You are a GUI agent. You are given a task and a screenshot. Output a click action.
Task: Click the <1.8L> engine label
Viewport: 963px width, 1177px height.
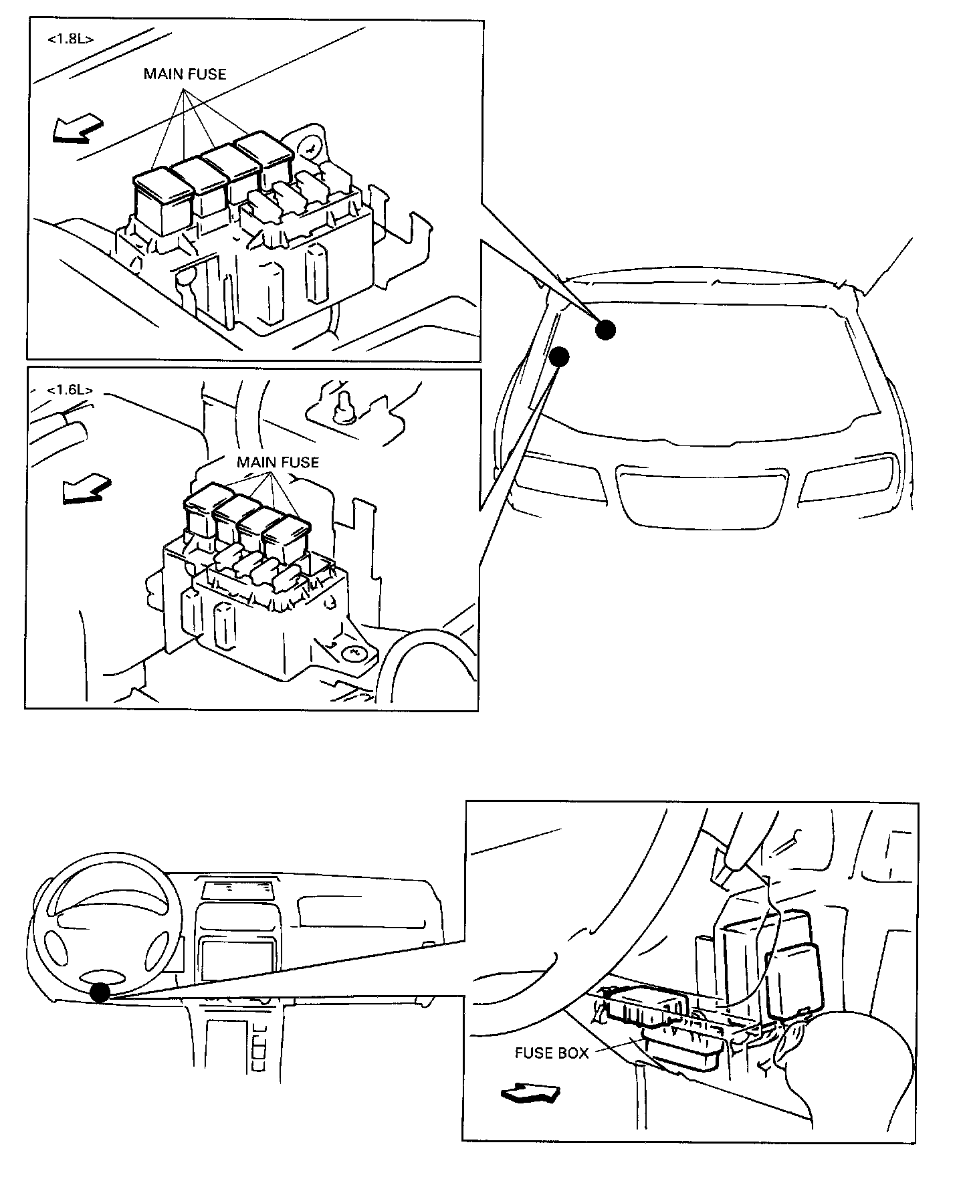[70, 39]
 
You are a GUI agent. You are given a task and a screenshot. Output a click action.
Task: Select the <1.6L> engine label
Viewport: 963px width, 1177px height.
[70, 390]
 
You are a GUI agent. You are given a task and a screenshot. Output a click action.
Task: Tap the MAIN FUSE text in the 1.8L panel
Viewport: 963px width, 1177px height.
[185, 74]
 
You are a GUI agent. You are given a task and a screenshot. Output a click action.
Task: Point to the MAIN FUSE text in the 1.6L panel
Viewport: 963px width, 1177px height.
[278, 462]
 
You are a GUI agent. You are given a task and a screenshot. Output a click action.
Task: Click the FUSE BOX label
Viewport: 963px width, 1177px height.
[552, 1053]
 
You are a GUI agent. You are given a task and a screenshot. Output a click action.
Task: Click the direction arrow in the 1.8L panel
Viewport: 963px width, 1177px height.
[78, 128]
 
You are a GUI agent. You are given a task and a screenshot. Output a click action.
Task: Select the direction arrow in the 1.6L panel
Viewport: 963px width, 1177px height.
[86, 488]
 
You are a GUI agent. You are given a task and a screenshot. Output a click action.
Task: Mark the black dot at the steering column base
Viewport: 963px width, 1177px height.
[100, 992]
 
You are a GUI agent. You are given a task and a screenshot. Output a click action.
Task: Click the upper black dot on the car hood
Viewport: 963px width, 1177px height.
[605, 329]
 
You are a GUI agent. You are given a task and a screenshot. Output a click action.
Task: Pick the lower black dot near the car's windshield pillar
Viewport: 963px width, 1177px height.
[559, 356]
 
